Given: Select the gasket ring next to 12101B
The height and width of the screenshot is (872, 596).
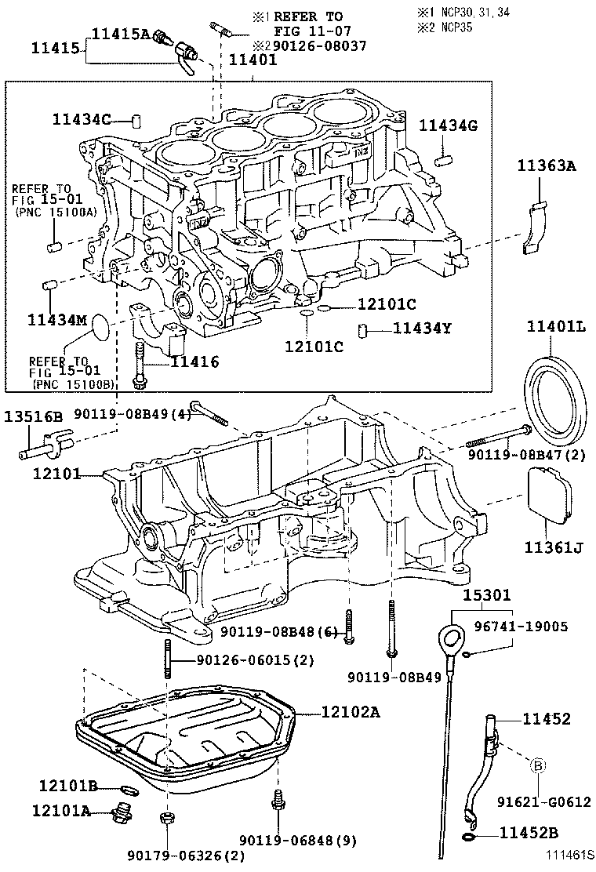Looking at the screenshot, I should coord(129,787).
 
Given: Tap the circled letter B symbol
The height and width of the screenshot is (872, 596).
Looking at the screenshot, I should coord(540,765).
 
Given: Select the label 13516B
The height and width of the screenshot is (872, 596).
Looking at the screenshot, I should coord(36,416).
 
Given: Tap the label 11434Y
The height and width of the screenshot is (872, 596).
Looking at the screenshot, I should coord(423,329).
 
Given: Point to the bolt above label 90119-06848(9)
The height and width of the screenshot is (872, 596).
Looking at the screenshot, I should coord(277,801).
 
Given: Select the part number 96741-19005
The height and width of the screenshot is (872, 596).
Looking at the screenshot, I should coord(530,627).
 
